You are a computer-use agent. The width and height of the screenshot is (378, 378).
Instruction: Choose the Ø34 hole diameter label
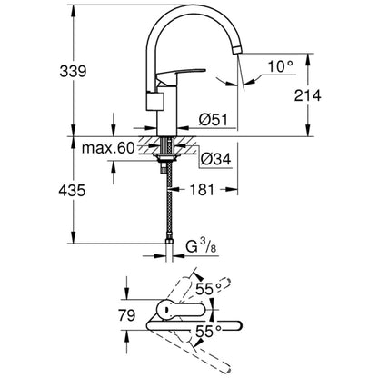(x=210, y=160)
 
